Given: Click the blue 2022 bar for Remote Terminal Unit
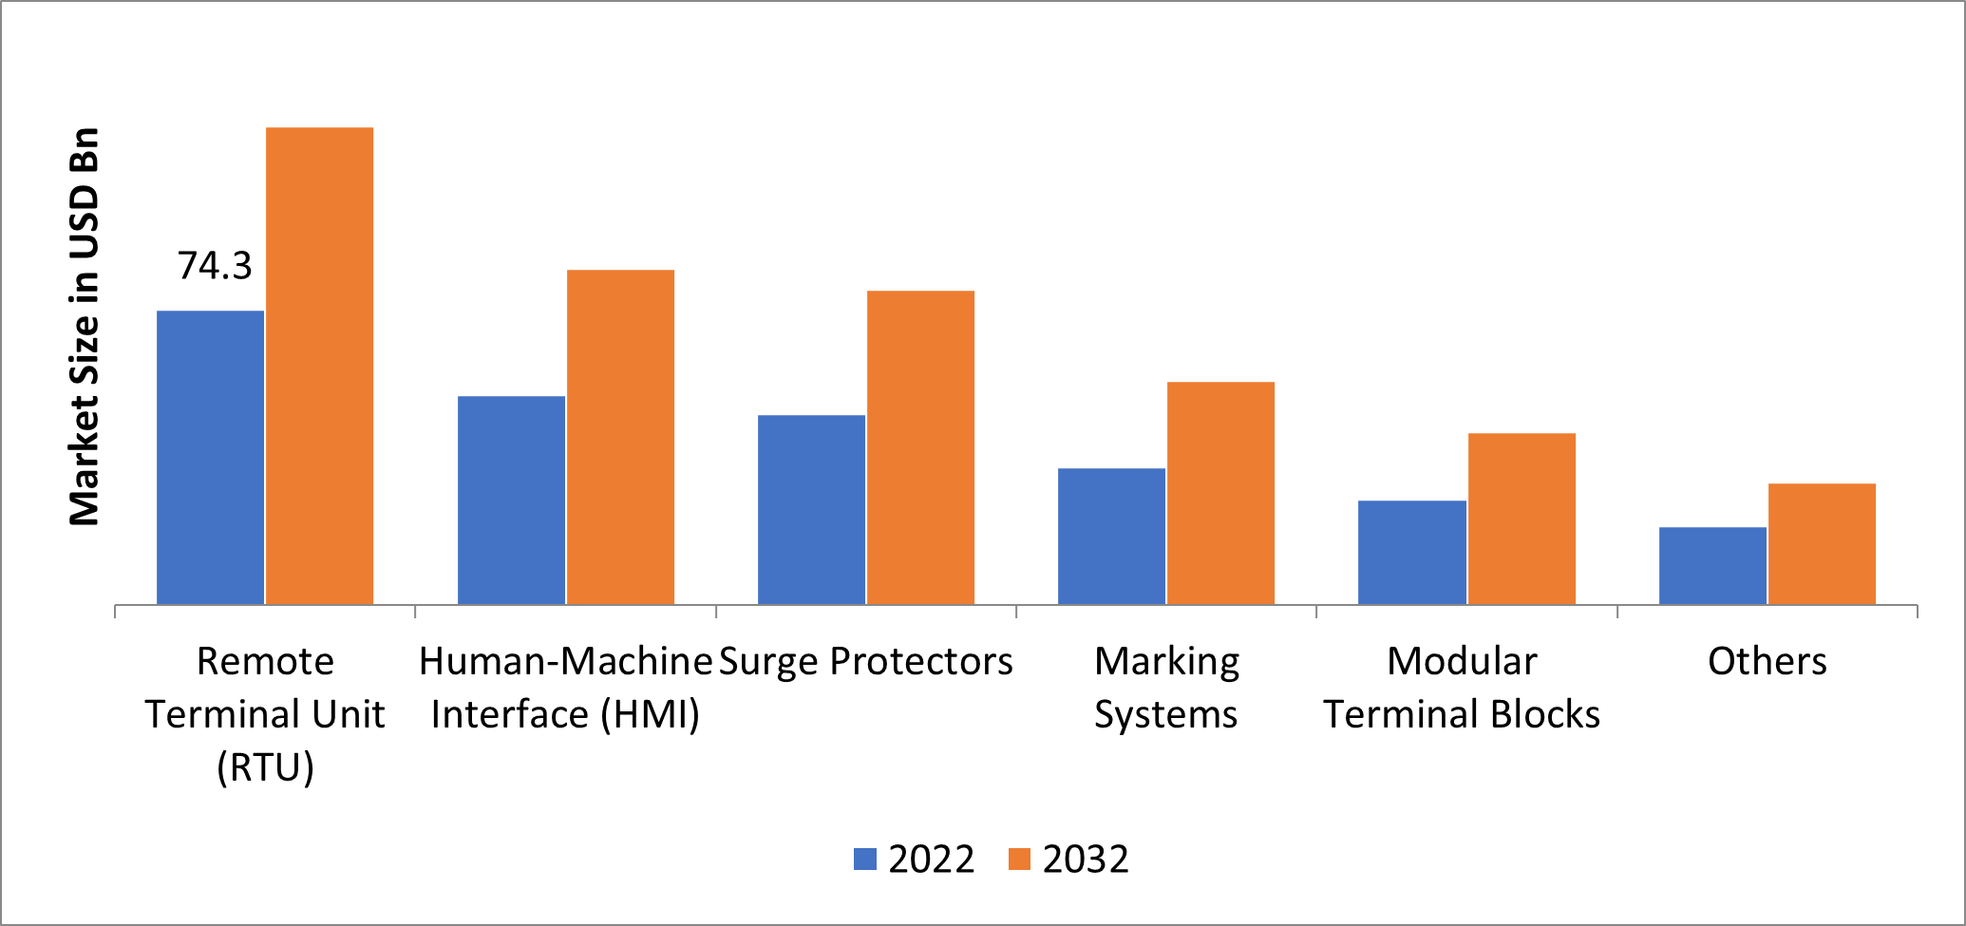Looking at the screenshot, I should click(x=210, y=457).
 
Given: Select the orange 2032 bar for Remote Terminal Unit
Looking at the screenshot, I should click(x=319, y=366).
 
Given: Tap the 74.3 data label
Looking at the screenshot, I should click(x=215, y=266).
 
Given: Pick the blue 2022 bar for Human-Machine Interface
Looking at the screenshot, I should click(x=511, y=500).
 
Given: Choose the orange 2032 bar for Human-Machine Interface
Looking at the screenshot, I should click(x=620, y=437).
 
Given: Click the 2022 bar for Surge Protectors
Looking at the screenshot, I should click(x=811, y=509).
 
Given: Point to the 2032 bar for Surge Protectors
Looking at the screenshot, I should click(x=920, y=447).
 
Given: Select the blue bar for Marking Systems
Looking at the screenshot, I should click(x=1111, y=536).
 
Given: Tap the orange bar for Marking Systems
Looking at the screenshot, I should click(x=1220, y=493).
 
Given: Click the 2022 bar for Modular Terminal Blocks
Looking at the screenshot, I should click(x=1411, y=552).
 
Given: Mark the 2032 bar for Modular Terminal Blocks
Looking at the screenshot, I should click(x=1522, y=519).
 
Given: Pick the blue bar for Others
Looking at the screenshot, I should click(x=1712, y=565).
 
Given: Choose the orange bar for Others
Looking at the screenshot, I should click(x=1822, y=543).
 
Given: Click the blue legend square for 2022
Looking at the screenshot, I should click(x=864, y=859).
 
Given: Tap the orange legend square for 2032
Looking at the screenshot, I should click(x=1019, y=859).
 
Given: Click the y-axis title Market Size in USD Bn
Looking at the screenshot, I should click(x=85, y=326).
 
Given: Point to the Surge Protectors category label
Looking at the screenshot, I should click(x=865, y=661).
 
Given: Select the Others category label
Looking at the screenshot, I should click(x=1767, y=661).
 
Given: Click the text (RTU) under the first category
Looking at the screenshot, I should click(x=265, y=767).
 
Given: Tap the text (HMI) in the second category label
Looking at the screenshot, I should click(x=651, y=714).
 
